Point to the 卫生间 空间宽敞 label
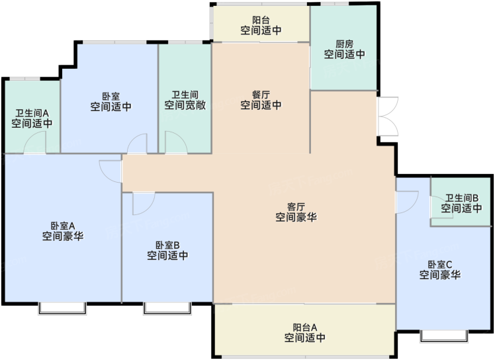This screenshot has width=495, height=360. tap(185, 100)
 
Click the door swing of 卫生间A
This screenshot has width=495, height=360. tap(34, 142)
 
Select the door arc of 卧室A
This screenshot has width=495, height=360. tap(110, 171)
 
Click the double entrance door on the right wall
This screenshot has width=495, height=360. tap(388, 116)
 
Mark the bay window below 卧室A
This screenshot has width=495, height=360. tap(62, 308)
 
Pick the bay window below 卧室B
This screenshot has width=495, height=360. tap(167, 308)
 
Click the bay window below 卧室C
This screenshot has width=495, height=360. tap(444, 337)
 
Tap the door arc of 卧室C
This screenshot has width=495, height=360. tap(407, 202)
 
